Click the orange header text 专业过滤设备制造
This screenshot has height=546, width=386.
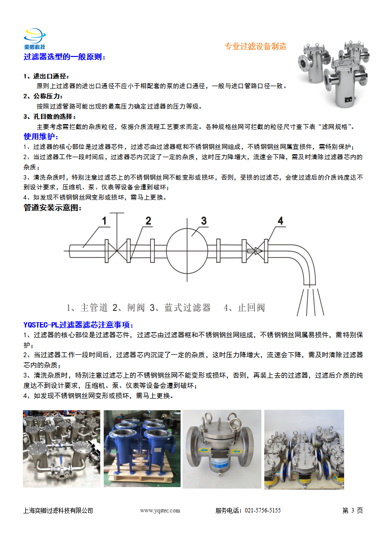coord(255,47)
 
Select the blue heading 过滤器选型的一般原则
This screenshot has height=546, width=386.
coord(64,57)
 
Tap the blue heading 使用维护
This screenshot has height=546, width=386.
coord(40,136)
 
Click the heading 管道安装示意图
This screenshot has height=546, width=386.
coord(53,208)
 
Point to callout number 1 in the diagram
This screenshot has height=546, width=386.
coord(104,221)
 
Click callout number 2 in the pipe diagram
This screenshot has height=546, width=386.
coord(148,221)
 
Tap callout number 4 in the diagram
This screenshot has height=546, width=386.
coord(280,221)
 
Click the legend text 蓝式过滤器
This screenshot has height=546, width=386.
coord(187,308)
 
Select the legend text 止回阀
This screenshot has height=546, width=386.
coord(251,308)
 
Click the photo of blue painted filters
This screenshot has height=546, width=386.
coord(142,448)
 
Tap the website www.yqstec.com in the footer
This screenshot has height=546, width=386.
coord(160,510)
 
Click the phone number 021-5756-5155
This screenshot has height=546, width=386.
coord(262,510)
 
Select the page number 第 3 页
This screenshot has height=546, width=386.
coord(352,510)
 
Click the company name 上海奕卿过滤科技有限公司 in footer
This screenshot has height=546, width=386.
coord(58,510)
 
